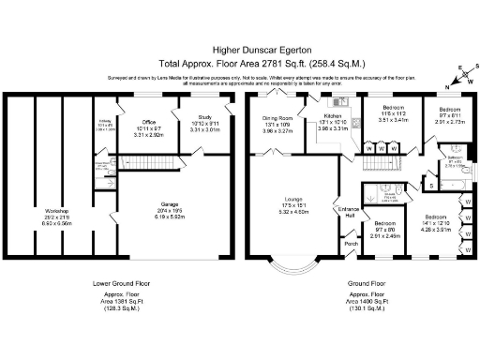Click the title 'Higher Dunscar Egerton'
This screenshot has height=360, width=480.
tap(240, 44)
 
